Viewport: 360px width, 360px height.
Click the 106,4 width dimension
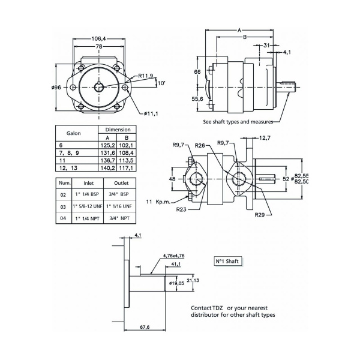click(100, 39)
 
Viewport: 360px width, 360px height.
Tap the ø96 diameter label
click(57, 88)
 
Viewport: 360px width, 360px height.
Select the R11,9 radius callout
click(146, 76)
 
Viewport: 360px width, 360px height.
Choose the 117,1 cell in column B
click(127, 168)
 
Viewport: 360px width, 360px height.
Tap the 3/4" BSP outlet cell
click(121, 195)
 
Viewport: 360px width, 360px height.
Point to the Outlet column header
click(121, 183)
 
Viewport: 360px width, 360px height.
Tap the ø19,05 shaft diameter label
click(176, 283)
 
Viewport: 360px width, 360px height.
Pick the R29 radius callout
click(260, 214)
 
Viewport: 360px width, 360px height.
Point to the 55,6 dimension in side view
click(197, 99)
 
